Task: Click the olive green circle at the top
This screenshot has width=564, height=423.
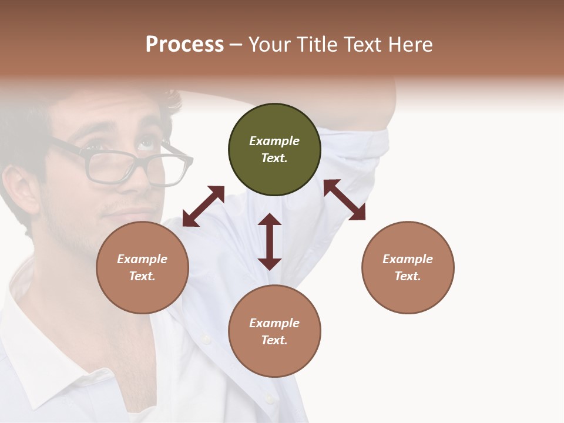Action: [x=274, y=149]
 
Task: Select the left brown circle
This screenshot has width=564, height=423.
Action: [x=142, y=267]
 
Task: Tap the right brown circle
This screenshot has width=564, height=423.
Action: [x=408, y=267]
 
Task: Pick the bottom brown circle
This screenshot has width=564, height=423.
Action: [x=274, y=331]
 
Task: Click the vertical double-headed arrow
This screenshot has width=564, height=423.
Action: [x=270, y=241]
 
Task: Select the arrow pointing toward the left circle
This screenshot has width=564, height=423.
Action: [x=203, y=206]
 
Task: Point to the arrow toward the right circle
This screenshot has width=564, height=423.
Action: [x=344, y=200]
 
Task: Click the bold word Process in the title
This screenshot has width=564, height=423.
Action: [x=184, y=44]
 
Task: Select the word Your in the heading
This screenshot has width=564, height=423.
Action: [x=267, y=44]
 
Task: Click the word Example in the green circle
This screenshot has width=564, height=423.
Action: [x=274, y=141]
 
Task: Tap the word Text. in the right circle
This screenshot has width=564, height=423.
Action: [x=408, y=276]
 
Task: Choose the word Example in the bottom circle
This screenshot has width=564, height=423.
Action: [x=274, y=323]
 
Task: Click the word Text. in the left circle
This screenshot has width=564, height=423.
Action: [x=142, y=276]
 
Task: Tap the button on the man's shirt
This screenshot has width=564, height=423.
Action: [x=206, y=339]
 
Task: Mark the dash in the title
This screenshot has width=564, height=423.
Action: [x=236, y=45]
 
